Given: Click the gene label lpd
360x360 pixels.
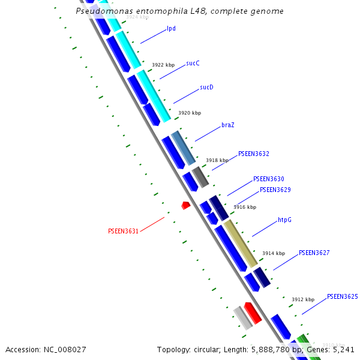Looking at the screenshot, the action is pos(171,28).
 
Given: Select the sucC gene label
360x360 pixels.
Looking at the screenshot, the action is pos(193,62).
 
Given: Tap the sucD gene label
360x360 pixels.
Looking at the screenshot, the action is pos(206,87).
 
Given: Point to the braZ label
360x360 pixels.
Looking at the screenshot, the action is pos(228,125).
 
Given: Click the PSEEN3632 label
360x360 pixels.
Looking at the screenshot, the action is pos(254,154).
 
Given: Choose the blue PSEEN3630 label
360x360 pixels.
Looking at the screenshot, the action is pos(269,179).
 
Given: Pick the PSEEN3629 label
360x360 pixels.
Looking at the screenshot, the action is pos(275,190).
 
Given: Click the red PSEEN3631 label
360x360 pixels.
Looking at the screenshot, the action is pos(124,231).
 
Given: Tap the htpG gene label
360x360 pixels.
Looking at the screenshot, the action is pos(284,220).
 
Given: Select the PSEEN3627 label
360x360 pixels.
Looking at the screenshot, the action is pos(314,253).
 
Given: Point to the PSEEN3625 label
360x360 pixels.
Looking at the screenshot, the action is pos(343,296).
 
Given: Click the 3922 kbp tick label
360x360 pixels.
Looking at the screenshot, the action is pos(163,65).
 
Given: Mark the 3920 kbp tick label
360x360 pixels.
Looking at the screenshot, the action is pos(190,113).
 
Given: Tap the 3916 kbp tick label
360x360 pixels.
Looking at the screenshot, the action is pos(245,207).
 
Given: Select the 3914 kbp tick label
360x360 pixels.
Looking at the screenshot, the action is pos(274,253).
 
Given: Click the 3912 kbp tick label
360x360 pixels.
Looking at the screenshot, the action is pos(303,299).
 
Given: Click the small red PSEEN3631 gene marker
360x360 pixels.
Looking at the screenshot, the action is pos(186,205).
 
